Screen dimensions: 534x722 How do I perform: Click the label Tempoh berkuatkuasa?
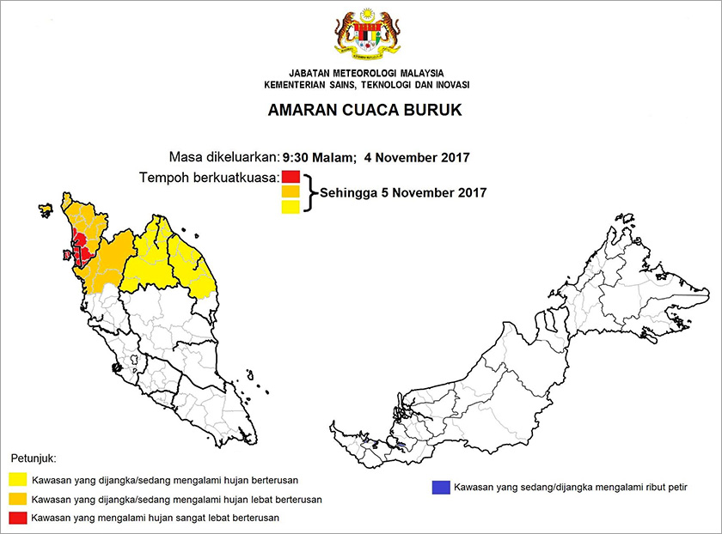click(x=209, y=177)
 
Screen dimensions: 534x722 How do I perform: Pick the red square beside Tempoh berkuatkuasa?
click(x=291, y=177)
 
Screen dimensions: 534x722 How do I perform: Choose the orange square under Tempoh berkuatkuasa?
click(x=291, y=191)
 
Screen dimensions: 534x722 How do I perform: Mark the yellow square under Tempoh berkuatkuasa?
click(x=291, y=206)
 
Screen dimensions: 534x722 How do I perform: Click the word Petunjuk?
click(x=35, y=459)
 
